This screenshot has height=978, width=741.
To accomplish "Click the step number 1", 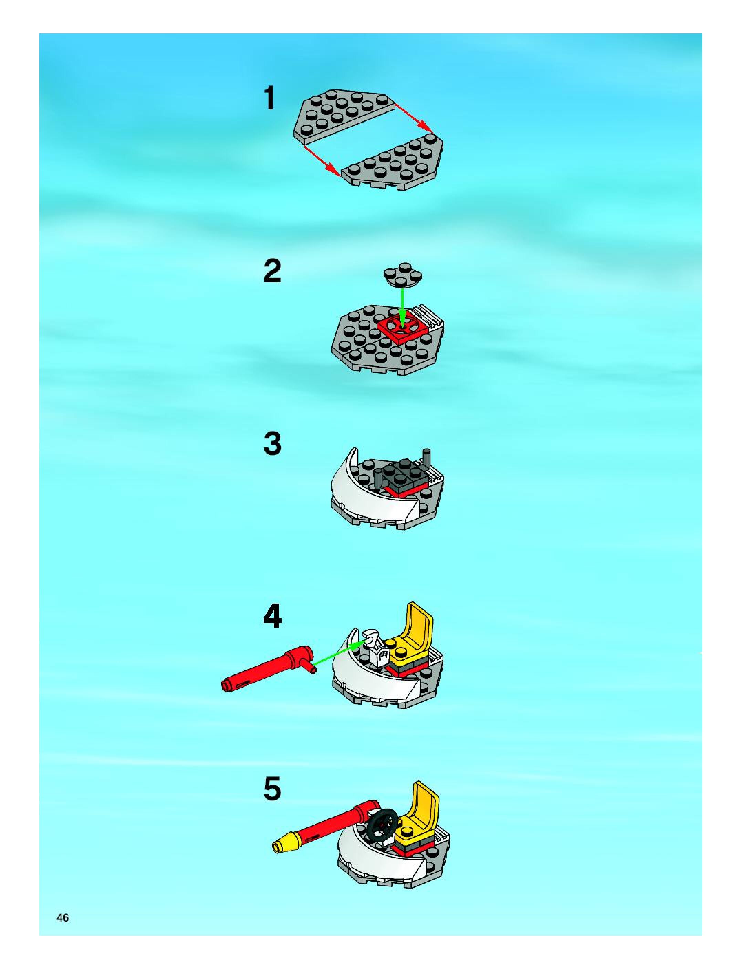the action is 269,98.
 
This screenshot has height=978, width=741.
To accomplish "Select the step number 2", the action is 272,271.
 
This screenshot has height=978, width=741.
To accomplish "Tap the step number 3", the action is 272,444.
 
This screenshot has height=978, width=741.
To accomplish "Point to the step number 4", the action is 272,616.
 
